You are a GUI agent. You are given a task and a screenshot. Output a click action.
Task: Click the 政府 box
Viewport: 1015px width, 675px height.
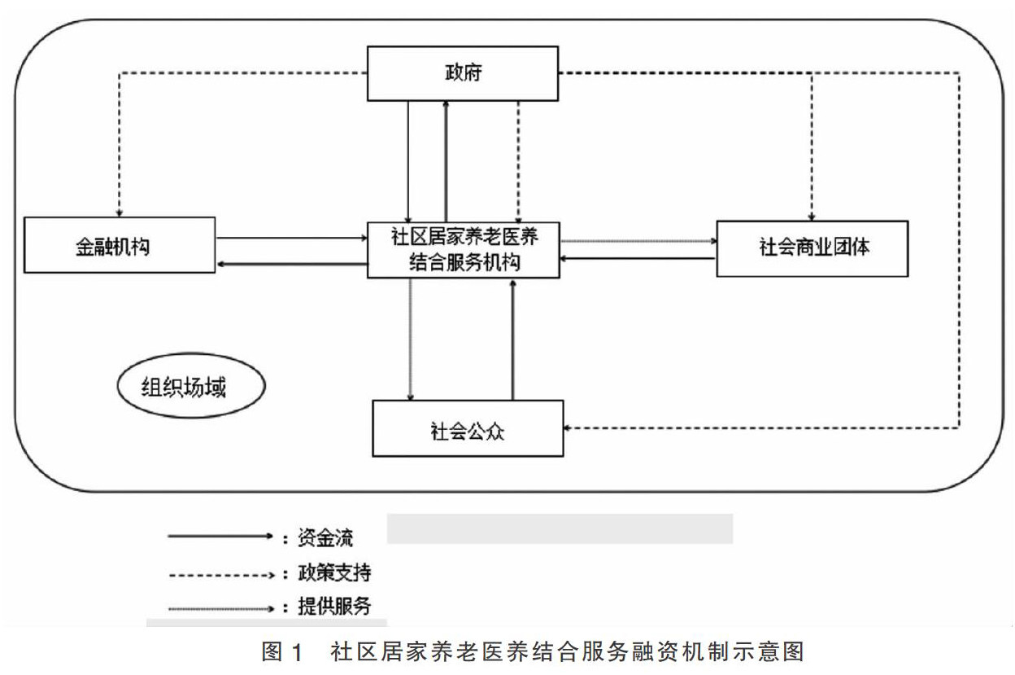[462, 73]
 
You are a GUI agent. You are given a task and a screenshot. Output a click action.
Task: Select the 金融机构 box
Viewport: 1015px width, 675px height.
[120, 245]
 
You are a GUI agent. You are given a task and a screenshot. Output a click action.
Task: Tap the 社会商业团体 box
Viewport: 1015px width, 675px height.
[812, 248]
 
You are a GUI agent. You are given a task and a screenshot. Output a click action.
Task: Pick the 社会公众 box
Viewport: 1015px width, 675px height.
[468, 428]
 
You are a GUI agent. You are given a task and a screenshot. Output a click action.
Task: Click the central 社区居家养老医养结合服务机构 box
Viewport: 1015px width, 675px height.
[463, 250]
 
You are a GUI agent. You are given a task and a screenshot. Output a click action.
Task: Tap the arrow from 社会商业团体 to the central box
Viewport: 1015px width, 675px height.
[638, 259]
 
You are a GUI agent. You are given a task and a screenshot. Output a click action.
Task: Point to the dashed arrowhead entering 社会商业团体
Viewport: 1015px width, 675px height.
[811, 214]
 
